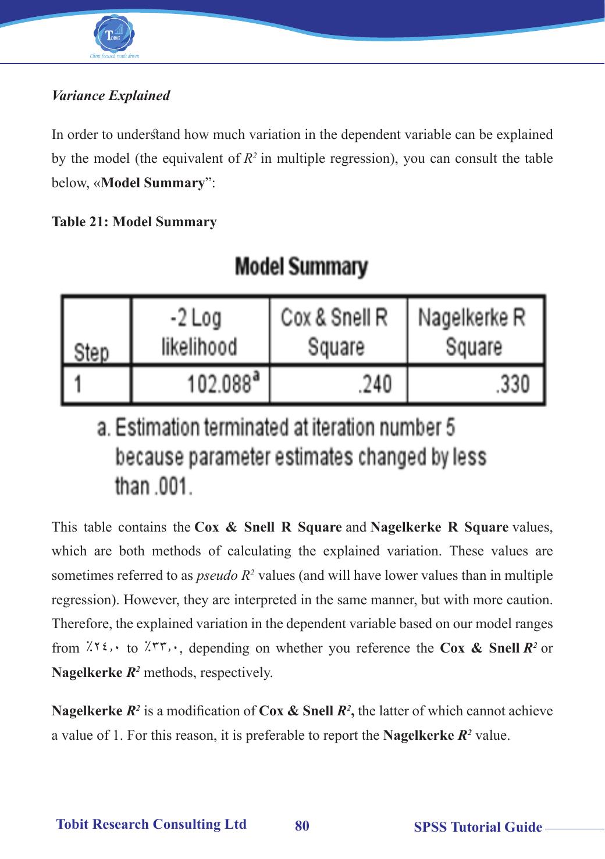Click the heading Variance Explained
[x=111, y=95]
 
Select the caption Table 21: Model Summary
[x=134, y=222]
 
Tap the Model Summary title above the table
[x=301, y=268]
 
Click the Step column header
[x=91, y=352]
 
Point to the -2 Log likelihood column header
[x=199, y=332]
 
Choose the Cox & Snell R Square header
[x=335, y=332]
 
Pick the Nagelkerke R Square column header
[x=473, y=332]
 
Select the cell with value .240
[x=374, y=384]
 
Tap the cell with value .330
[x=513, y=384]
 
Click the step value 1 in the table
[x=77, y=384]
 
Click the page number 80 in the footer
[x=302, y=826]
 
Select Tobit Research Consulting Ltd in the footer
[x=151, y=824]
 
